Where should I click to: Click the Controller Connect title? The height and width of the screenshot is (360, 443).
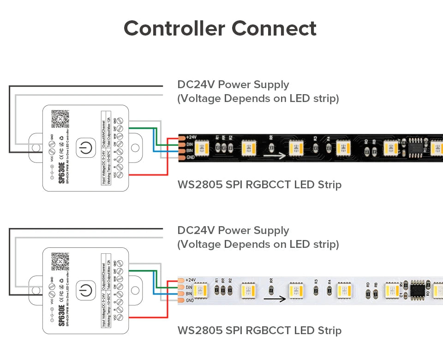coord(220,28)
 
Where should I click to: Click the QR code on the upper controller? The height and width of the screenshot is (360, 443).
coord(60,119)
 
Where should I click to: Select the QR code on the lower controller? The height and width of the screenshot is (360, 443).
coord(60,262)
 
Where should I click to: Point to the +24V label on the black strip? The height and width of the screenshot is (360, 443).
coord(191,137)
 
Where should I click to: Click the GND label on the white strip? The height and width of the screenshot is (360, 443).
coord(190,300)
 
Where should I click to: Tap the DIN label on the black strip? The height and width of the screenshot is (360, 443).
coord(189,144)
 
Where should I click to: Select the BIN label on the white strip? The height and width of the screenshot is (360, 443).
coord(189,294)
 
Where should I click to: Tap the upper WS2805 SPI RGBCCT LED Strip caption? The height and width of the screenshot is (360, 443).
coord(259,185)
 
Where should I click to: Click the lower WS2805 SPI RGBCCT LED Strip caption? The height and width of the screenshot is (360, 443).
coord(259,330)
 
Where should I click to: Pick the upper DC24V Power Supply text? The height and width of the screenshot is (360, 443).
coord(233,84)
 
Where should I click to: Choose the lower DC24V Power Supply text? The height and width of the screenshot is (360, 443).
coord(233,230)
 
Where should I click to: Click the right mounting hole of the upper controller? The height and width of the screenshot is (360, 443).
coord(135,148)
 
